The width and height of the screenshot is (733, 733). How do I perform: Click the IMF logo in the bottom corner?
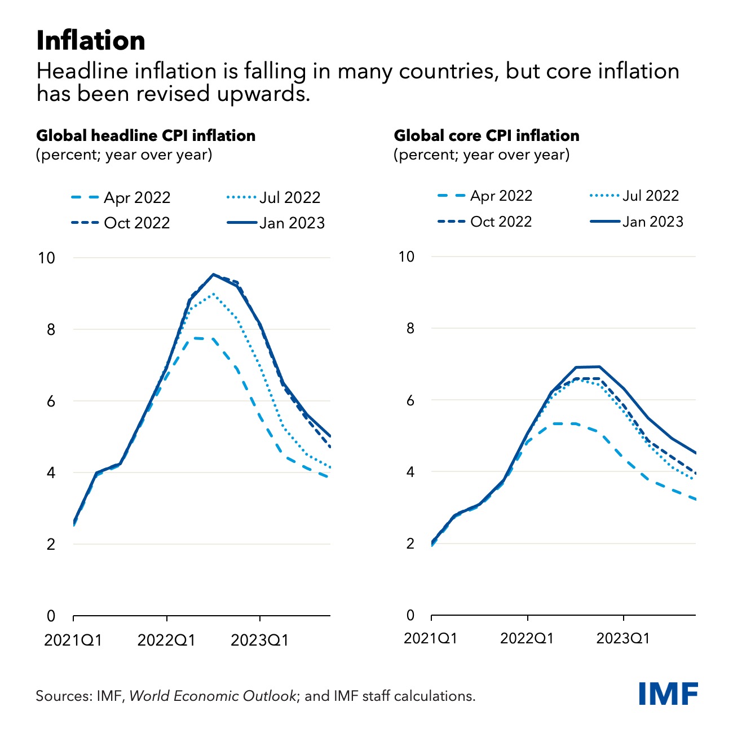point(668,693)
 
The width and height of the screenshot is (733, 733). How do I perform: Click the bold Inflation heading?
point(91,41)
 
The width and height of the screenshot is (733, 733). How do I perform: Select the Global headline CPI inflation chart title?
point(145,136)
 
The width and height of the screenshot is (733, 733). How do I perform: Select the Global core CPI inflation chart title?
point(487,136)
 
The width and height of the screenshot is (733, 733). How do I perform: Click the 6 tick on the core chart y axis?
point(410,400)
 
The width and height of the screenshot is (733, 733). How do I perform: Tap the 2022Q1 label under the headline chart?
point(166,641)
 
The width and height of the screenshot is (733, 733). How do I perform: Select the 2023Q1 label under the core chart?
point(623,638)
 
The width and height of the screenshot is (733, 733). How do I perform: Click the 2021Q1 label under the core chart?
point(431,638)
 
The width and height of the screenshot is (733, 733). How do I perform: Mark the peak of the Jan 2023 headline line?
point(213,275)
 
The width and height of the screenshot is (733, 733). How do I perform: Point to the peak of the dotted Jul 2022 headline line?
point(212,294)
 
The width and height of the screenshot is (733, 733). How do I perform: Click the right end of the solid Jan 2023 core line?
point(695,453)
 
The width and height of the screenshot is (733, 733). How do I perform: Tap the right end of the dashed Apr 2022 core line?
point(695,499)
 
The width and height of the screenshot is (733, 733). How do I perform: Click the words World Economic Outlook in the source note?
point(213,696)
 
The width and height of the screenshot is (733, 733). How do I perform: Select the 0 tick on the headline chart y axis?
point(51,616)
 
